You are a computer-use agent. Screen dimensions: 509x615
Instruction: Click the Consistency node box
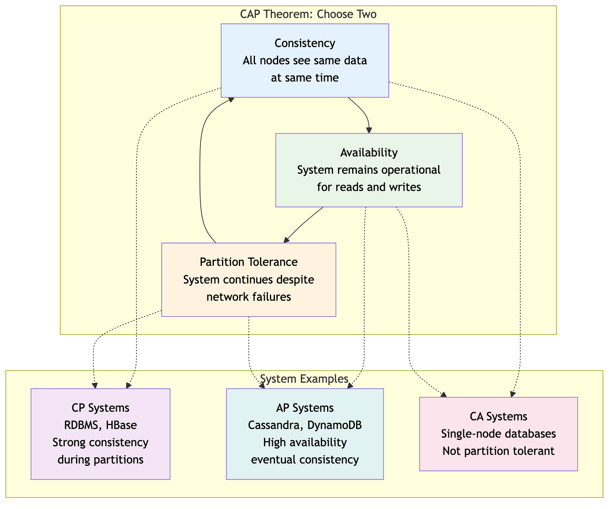click(x=305, y=60)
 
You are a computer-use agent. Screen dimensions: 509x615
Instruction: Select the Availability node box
click(x=369, y=170)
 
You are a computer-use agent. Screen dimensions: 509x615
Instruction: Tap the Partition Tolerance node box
click(x=249, y=279)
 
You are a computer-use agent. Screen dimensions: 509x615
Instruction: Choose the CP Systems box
click(x=100, y=434)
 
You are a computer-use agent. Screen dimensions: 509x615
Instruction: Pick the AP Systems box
click(x=305, y=434)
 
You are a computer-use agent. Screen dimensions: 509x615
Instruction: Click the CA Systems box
click(x=498, y=434)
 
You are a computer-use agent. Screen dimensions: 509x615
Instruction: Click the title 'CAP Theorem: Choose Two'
click(x=308, y=15)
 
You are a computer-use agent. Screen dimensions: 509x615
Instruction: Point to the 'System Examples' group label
click(x=304, y=379)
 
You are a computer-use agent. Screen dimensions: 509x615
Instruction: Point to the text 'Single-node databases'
click(x=498, y=434)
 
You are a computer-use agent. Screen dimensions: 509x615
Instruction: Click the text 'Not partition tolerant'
click(x=498, y=451)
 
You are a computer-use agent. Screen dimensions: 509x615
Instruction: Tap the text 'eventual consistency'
click(x=305, y=460)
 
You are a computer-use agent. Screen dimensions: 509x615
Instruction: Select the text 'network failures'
click(x=249, y=297)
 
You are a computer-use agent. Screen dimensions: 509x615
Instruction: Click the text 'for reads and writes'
click(x=369, y=187)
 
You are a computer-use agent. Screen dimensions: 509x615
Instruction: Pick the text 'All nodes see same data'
click(x=305, y=60)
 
